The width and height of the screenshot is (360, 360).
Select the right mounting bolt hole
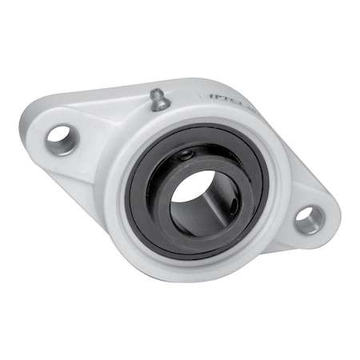click(309, 218)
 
